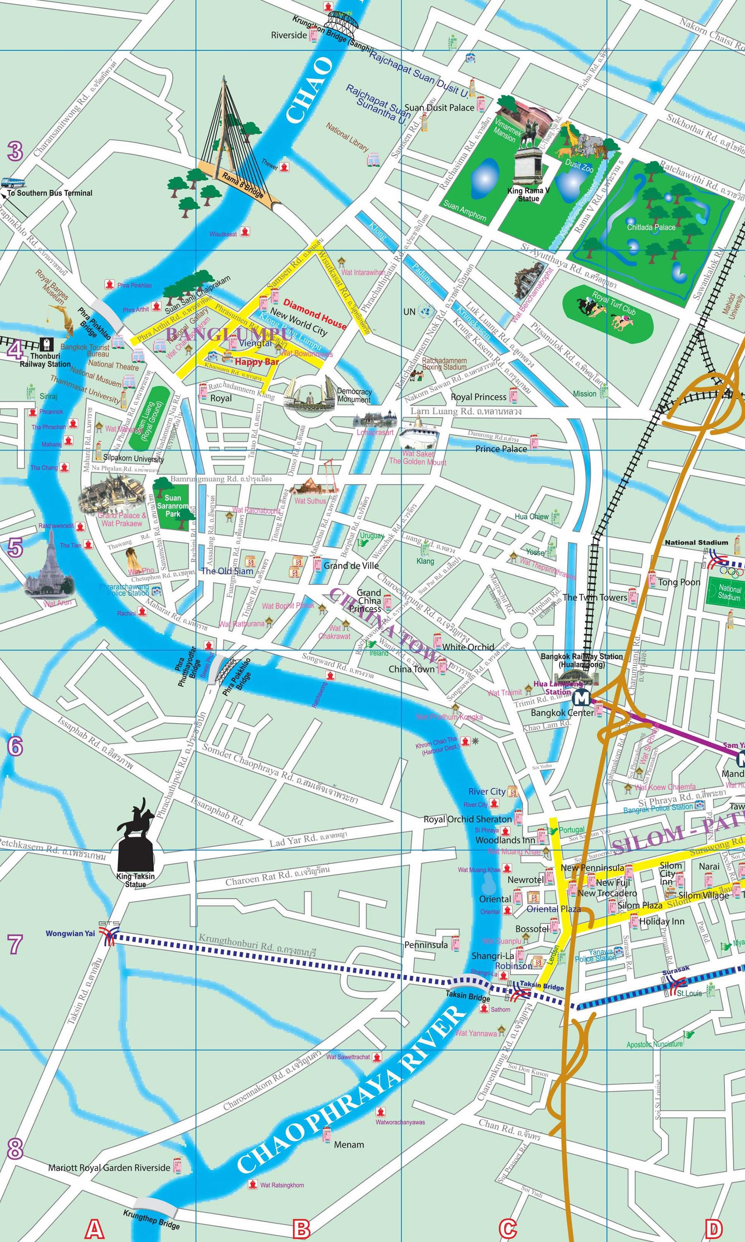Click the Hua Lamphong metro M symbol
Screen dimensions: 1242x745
(x=582, y=698)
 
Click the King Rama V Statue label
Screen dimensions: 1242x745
(x=529, y=195)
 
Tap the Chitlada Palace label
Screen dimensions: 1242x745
(x=651, y=227)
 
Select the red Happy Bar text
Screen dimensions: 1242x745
(x=257, y=361)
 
